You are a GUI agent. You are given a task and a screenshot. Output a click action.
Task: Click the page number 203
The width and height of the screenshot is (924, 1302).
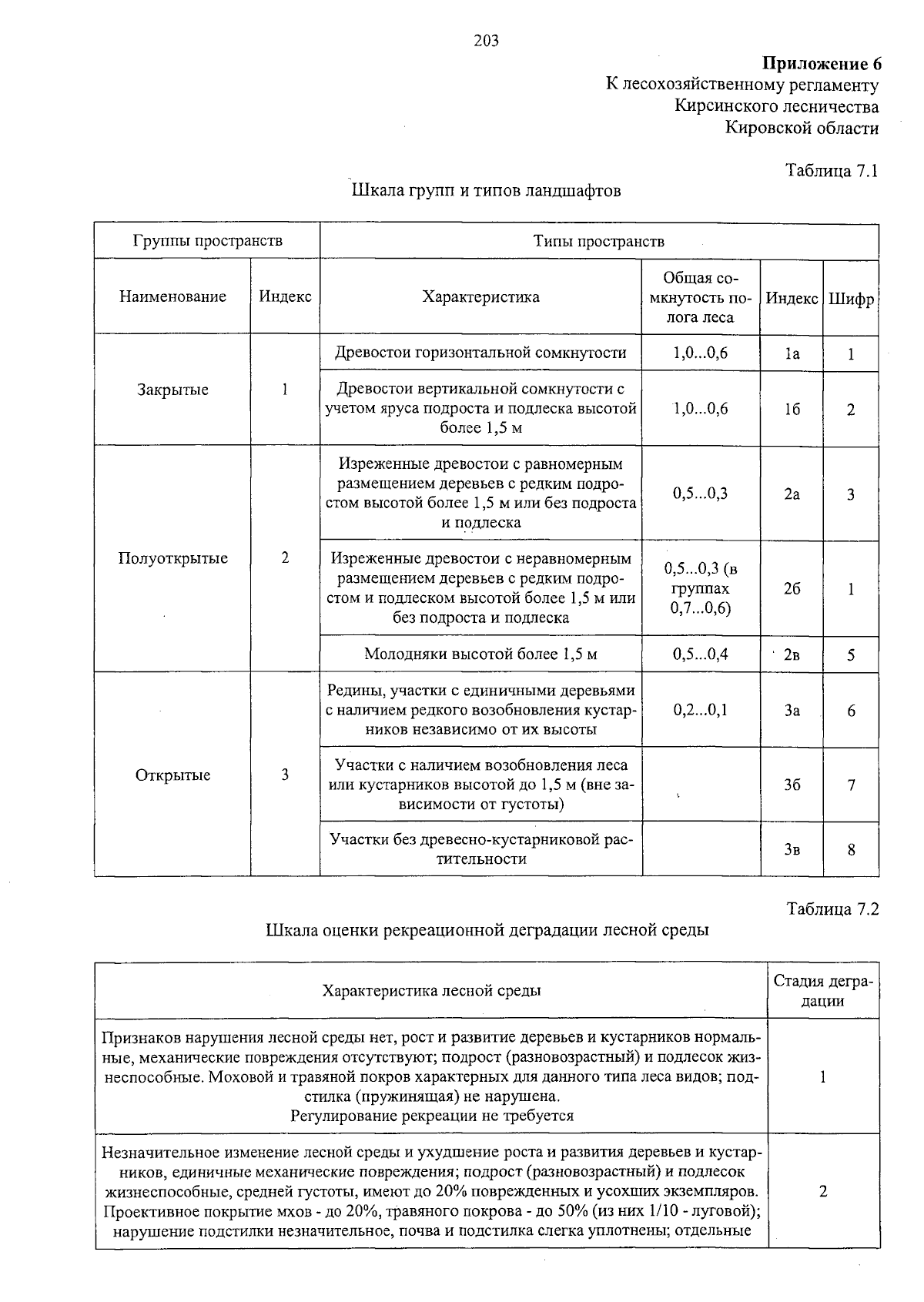click(486, 41)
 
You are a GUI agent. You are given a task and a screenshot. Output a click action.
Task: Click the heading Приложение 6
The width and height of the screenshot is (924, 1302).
click(821, 63)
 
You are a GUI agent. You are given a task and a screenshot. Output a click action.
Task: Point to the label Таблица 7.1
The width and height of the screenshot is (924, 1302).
click(832, 171)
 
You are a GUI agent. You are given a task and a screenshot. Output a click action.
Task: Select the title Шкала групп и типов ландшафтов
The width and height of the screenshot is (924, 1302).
click(486, 190)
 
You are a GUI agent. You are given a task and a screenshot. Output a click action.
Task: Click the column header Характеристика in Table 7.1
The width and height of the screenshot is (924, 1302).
click(480, 296)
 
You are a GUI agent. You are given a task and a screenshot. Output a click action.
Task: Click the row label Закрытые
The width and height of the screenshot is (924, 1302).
click(172, 390)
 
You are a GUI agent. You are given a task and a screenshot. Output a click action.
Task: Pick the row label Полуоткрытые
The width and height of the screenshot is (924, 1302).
click(172, 558)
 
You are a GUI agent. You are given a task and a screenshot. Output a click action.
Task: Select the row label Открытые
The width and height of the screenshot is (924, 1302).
click(172, 775)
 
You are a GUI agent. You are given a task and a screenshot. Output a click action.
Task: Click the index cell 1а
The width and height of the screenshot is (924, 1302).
click(792, 353)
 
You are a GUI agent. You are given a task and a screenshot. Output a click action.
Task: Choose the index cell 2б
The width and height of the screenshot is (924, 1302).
click(792, 588)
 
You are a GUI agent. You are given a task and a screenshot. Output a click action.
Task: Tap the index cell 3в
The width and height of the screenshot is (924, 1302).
click(792, 850)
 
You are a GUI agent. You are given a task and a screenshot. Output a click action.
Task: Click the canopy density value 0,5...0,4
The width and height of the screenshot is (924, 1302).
click(700, 654)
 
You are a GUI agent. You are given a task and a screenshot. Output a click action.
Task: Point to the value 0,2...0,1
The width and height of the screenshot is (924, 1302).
click(700, 710)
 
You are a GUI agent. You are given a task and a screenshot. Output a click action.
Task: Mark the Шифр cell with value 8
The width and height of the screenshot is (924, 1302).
click(851, 850)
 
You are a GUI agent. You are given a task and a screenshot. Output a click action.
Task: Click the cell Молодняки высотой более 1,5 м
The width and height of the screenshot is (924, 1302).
click(480, 654)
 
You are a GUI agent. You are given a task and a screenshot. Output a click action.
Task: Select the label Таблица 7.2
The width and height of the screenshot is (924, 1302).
click(832, 909)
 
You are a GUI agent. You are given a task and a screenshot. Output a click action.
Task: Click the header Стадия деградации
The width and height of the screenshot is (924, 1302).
click(822, 991)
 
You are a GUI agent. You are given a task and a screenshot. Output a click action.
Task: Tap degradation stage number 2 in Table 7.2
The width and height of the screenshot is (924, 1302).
click(822, 1191)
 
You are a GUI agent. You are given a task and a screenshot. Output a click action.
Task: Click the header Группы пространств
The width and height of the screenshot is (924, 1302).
click(207, 241)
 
